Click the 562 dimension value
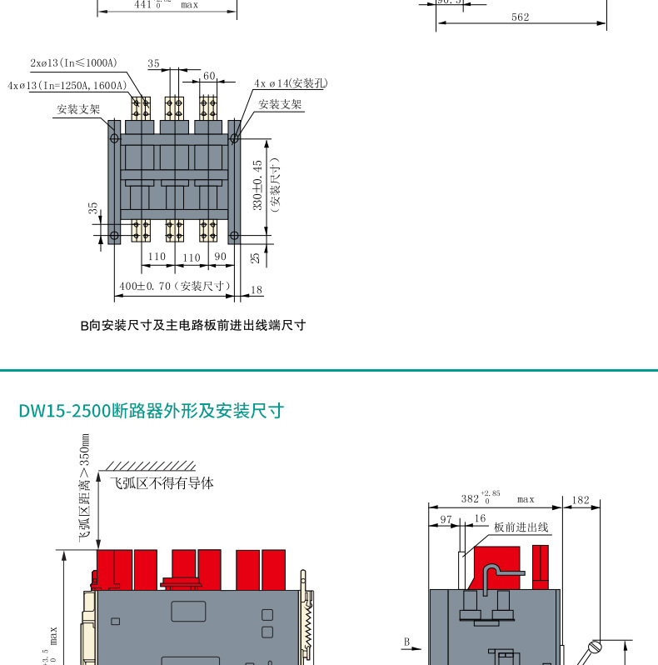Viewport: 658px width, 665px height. click(x=520, y=17)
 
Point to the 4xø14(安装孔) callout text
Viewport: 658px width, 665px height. click(x=291, y=83)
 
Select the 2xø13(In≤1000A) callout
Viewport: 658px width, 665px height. click(x=74, y=63)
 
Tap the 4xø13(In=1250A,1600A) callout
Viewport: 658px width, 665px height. click(x=67, y=86)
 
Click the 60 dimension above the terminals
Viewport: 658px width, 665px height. click(x=209, y=76)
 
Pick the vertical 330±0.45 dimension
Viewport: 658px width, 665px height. click(x=257, y=184)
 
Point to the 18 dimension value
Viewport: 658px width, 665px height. click(x=256, y=290)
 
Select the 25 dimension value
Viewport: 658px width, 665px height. click(x=256, y=258)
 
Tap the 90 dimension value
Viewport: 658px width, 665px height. click(x=221, y=257)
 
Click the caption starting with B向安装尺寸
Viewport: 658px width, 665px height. click(x=192, y=326)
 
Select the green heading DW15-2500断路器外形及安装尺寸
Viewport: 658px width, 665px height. click(x=151, y=411)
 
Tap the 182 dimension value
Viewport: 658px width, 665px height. click(x=581, y=501)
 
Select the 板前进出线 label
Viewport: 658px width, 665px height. click(x=521, y=527)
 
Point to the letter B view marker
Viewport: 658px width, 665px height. click(x=406, y=642)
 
